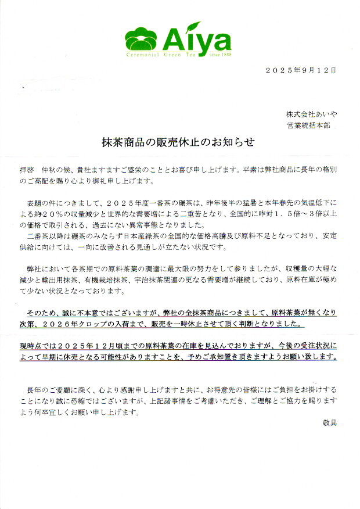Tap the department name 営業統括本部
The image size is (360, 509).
click(x=309, y=125)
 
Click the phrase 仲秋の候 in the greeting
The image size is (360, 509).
click(x=56, y=170)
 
